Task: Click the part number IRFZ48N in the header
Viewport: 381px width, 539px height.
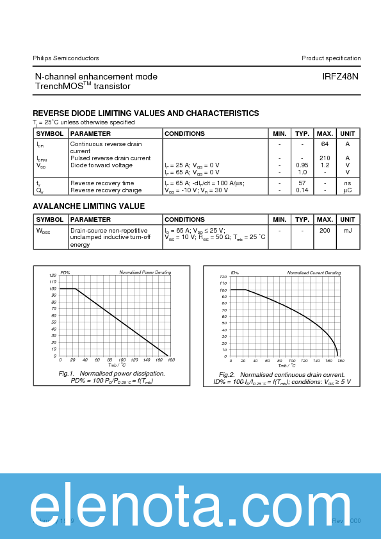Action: click(x=340, y=76)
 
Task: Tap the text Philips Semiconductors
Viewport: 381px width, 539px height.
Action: click(x=66, y=58)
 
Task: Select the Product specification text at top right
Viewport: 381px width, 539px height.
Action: click(x=331, y=58)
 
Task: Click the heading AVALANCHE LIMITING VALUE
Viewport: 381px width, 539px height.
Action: click(x=88, y=206)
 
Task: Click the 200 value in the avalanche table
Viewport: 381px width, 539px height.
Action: click(x=325, y=230)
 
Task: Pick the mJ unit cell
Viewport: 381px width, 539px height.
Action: click(x=348, y=230)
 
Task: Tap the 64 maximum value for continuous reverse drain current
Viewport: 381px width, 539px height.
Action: click(x=325, y=144)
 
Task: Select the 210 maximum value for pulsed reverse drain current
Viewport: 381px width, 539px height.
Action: click(x=325, y=158)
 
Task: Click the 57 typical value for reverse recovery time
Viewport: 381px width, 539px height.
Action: click(x=302, y=183)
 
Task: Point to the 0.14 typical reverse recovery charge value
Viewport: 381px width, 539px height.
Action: click(x=302, y=190)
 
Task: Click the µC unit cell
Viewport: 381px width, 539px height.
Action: click(x=348, y=190)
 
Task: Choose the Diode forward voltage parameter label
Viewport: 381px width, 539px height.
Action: click(x=101, y=165)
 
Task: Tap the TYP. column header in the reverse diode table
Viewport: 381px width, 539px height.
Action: click(x=302, y=134)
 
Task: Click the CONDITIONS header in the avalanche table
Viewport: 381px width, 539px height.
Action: click(x=184, y=220)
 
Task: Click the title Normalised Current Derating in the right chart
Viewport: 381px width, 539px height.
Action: click(x=314, y=273)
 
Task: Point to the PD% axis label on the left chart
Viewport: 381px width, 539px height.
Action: click(x=65, y=273)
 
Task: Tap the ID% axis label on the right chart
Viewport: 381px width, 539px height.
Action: click(x=234, y=273)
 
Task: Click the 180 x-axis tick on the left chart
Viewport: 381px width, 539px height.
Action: click(x=168, y=360)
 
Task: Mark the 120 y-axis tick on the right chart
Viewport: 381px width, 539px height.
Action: click(x=223, y=277)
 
